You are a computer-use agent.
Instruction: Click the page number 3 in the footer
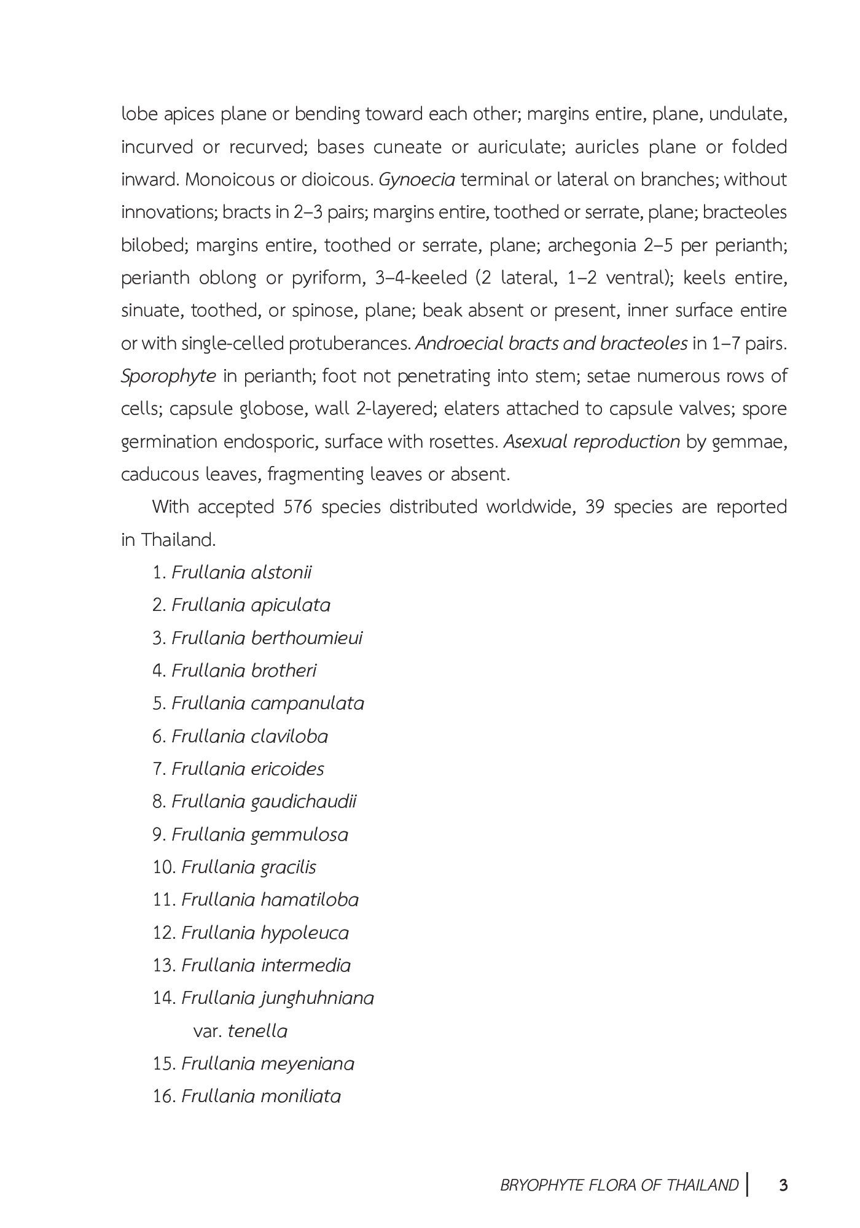coord(783,1184)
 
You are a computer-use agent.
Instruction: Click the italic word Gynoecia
coord(416,179)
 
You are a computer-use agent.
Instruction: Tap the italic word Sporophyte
coord(168,376)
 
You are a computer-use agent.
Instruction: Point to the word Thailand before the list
coord(178,540)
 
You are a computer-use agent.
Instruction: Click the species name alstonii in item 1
coord(281,572)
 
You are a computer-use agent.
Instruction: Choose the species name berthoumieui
coord(307,637)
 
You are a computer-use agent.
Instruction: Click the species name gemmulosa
coord(299,834)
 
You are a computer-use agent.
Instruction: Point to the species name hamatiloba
coord(310,900)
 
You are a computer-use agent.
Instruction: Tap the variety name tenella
coord(257,1030)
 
